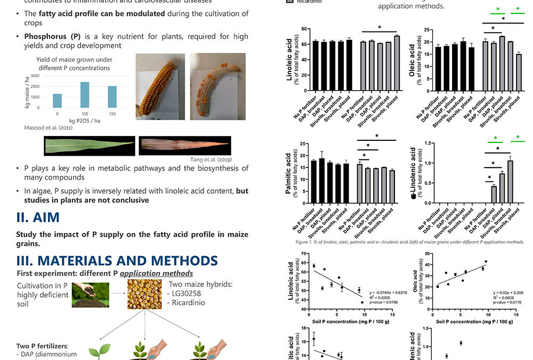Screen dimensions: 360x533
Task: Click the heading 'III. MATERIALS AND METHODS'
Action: coord(117,260)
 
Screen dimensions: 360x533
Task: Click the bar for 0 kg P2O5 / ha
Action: coord(58,100)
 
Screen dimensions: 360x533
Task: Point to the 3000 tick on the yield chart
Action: coord(35,76)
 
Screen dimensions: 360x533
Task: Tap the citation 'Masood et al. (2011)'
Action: coord(45,128)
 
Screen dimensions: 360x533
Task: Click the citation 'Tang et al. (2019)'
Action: coord(211,159)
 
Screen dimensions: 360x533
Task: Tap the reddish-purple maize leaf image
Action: coord(184,145)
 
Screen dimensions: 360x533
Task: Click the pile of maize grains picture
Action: coord(144,294)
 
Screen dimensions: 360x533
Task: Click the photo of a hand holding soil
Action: coord(91,294)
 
